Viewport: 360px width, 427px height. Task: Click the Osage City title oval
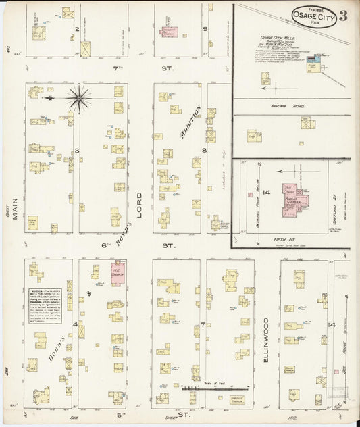(314, 16)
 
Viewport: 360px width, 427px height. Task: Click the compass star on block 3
(79, 99)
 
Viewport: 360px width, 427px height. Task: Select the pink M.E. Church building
(118, 274)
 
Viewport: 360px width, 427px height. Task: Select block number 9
(205, 29)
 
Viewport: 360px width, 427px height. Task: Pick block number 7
(202, 325)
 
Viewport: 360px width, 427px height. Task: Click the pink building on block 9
(168, 32)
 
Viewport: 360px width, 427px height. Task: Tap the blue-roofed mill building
(311, 61)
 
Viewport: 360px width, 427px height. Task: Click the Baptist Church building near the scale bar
(236, 399)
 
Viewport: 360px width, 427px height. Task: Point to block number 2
(77, 29)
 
